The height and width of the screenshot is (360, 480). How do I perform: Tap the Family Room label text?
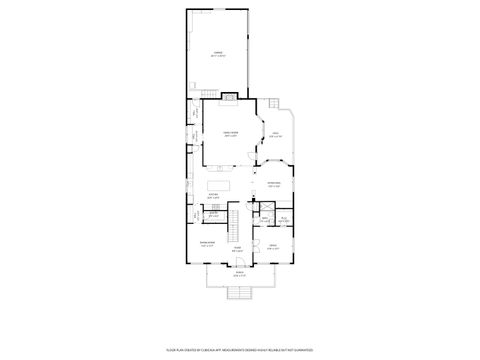230,134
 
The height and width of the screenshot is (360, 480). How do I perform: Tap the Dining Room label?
207,243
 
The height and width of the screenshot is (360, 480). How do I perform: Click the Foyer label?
238,250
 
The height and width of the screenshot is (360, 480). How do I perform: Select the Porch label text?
239,273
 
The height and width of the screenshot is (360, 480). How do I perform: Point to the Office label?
272,246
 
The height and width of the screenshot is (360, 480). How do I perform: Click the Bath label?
283,219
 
